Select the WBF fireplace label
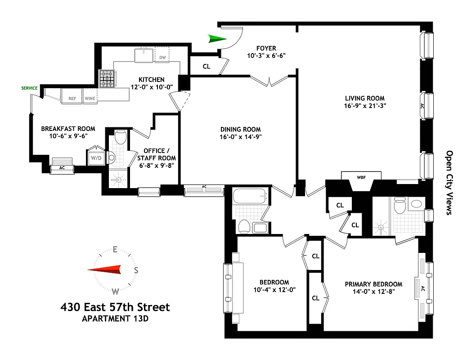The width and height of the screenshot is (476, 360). (361, 177)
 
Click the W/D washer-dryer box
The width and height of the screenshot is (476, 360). (96, 158)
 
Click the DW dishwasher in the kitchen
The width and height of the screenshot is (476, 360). (162, 57)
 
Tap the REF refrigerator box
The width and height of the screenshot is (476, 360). (72, 98)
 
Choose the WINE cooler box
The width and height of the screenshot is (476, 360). (90, 98)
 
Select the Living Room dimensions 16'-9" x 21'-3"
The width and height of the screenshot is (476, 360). (365, 106)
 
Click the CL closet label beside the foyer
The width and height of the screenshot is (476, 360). (207, 66)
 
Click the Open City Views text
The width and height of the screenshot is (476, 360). (449, 182)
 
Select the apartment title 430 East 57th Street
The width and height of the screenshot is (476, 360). (115, 307)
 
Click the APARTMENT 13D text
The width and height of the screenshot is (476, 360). (115, 319)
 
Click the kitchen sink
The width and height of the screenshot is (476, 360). (144, 56)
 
